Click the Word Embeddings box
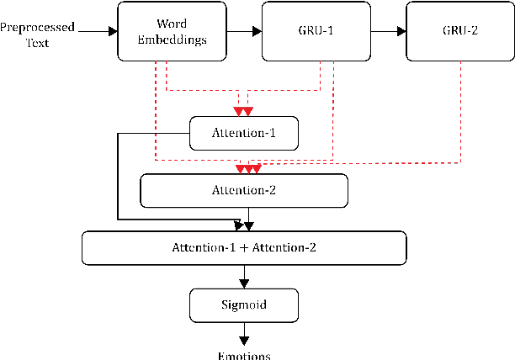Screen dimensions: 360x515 click(172, 32)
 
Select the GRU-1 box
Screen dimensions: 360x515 click(316, 32)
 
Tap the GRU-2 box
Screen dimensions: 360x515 click(459, 32)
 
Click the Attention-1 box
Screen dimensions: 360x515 click(244, 133)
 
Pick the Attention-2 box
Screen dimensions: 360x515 click(244, 190)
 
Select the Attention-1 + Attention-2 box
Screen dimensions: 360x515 click(244, 247)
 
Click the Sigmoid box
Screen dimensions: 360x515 click(244, 304)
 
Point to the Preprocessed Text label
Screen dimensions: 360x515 click(37, 33)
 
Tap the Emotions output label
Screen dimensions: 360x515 click(244, 355)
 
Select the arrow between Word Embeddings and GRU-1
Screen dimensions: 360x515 click(244, 32)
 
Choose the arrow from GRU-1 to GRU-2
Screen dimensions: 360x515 click(388, 32)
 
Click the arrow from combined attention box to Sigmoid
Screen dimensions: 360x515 click(244, 276)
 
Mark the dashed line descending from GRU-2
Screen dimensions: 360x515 click(460, 109)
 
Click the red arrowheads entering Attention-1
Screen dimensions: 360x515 click(242, 112)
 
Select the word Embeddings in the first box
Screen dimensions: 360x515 click(172, 40)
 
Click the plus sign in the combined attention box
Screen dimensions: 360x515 click(244, 247)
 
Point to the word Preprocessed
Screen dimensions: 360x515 click(37, 26)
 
